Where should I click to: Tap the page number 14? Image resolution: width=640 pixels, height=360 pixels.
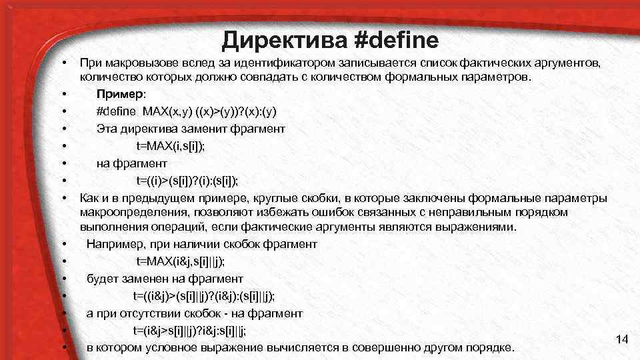pos(622,340)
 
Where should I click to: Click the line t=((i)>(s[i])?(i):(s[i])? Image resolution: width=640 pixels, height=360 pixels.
pos(187,180)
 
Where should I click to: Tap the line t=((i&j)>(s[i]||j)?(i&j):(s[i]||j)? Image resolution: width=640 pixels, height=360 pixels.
pos(203,295)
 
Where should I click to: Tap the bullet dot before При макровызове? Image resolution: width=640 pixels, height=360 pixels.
pos(64,63)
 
